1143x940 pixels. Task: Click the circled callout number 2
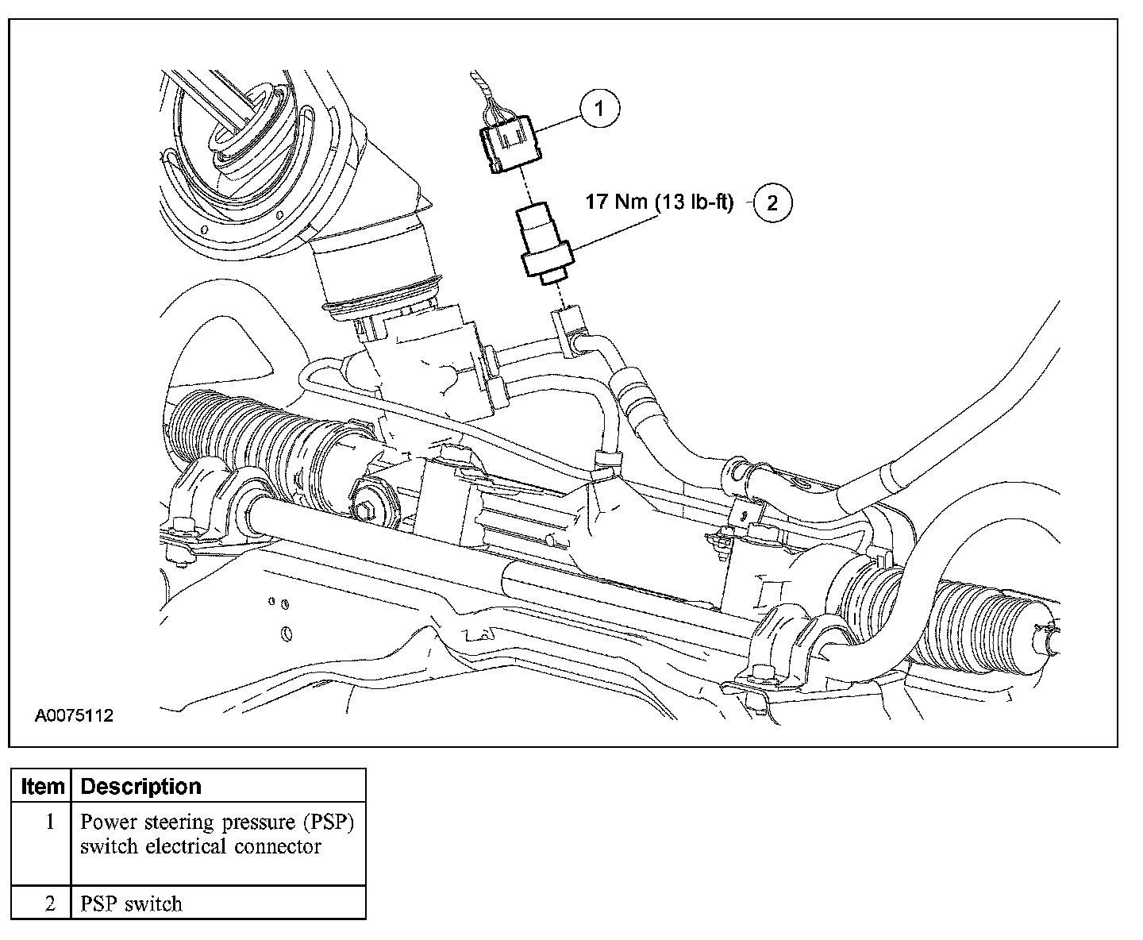772,202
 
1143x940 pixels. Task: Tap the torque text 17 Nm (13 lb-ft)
659,202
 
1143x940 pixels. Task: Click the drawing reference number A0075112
74,716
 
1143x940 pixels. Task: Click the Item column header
42,786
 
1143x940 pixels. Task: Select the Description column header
141,786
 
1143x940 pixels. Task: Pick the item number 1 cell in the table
49,822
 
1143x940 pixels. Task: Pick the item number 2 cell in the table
49,903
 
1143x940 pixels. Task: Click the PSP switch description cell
132,903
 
